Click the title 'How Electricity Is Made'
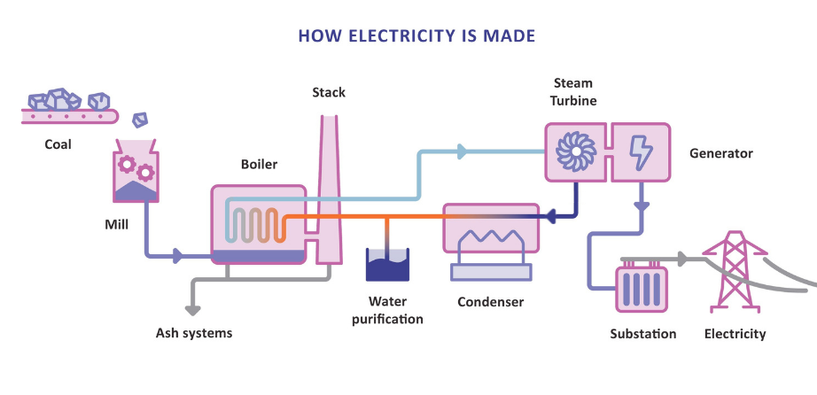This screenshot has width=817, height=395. click(x=416, y=36)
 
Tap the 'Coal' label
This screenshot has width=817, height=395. click(x=58, y=144)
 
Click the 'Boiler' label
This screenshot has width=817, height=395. click(x=259, y=164)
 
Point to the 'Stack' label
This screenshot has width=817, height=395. click(x=329, y=92)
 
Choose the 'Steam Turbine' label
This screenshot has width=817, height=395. click(x=572, y=92)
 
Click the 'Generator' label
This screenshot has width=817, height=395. click(x=720, y=153)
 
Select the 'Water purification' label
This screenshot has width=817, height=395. click(x=387, y=310)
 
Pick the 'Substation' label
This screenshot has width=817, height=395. click(x=642, y=334)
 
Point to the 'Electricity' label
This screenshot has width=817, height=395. click(x=735, y=334)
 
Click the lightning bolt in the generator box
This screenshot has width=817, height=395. click(x=640, y=151)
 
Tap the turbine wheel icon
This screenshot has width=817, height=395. click(x=573, y=151)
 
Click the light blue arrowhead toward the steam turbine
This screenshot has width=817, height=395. click(x=462, y=151)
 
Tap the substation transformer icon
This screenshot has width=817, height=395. click(x=642, y=290)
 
